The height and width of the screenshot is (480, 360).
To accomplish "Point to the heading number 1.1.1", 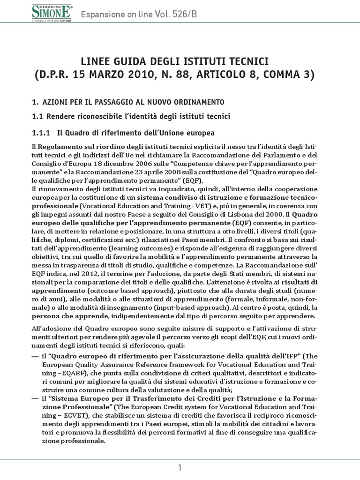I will click(42, 133).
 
